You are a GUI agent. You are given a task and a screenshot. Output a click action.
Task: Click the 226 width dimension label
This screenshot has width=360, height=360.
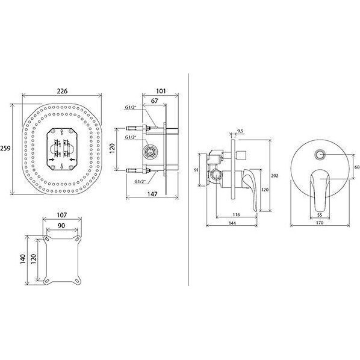[62, 91]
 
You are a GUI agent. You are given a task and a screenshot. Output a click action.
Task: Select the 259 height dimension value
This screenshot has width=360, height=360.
[5, 148]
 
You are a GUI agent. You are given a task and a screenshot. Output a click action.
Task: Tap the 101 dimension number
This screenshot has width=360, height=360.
[161, 91]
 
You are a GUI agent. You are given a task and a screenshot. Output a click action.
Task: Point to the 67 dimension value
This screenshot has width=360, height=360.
[155, 101]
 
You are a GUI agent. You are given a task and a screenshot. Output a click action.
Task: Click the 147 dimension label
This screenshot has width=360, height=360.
[152, 194]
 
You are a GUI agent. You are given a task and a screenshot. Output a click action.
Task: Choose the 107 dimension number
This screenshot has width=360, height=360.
[62, 215]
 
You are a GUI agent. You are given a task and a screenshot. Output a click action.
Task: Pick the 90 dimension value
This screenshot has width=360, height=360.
[61, 226]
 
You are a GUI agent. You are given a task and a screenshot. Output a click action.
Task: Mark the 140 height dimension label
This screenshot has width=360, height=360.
[23, 259]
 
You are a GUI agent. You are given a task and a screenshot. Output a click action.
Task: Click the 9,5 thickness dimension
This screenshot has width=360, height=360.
[240, 131]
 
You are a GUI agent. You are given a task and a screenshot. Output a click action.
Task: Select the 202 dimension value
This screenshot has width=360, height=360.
[275, 176]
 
